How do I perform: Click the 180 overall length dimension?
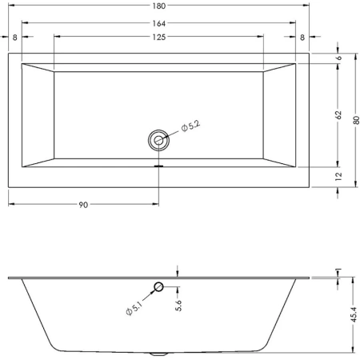159,6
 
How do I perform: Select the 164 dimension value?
159,23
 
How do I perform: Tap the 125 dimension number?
159,37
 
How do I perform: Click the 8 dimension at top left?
15,38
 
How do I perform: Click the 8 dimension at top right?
302,38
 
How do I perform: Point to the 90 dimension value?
83,205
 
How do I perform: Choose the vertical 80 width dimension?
356,120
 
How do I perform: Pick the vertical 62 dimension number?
338,114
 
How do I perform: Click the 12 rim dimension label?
338,176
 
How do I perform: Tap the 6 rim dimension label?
338,58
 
